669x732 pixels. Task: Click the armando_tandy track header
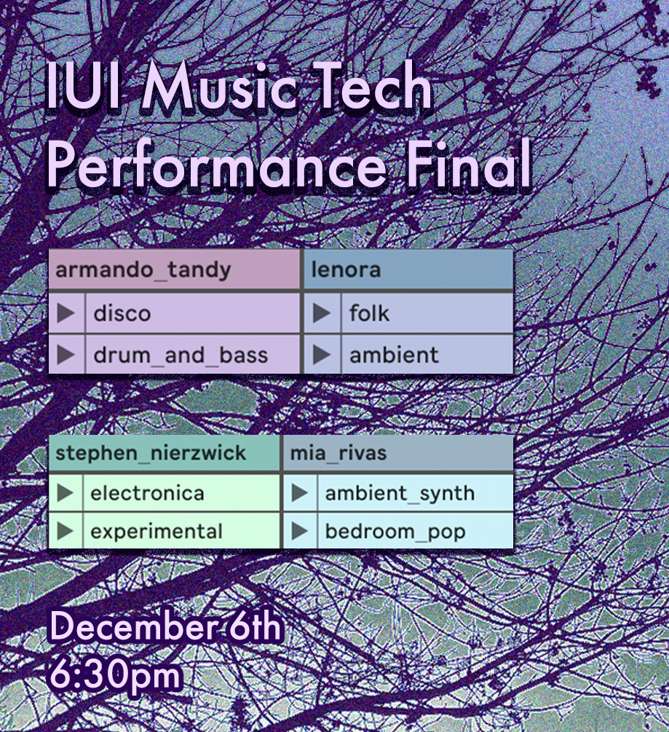174,269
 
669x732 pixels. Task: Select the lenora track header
408,269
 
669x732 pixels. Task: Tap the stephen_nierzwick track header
165,453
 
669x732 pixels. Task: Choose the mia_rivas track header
398,453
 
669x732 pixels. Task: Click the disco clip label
122,313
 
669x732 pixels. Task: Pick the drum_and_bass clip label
181,355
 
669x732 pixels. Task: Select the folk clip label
369,312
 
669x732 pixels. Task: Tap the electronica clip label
148,493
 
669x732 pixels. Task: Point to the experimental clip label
157,532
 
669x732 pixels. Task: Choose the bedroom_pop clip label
395,532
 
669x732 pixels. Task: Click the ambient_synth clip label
400,493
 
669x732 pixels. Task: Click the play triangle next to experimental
65,531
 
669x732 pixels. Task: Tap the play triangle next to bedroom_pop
299,531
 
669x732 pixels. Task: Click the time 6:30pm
115,674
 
